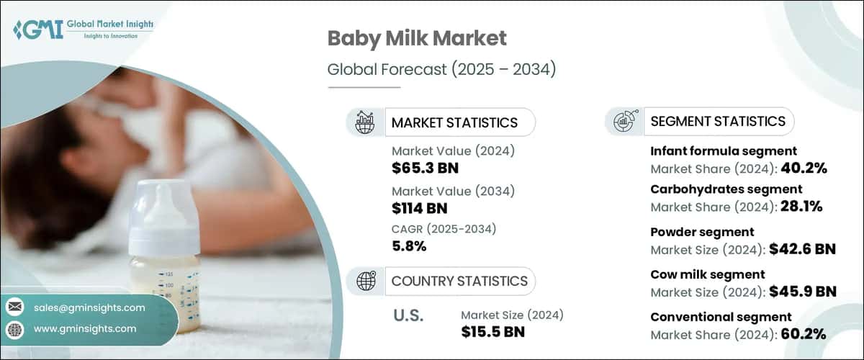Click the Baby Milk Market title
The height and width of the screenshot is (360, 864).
(x=417, y=38)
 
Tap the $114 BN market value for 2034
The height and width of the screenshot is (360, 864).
(x=419, y=209)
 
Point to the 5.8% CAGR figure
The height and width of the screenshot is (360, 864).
(x=409, y=246)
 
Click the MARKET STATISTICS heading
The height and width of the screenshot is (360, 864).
(x=454, y=122)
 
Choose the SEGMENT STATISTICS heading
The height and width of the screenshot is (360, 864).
(x=717, y=121)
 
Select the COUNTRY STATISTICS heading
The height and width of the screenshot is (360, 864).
(x=459, y=281)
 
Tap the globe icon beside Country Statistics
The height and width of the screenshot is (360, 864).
(x=366, y=281)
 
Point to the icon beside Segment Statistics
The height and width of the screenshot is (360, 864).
(x=624, y=121)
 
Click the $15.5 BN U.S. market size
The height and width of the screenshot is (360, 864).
(x=492, y=332)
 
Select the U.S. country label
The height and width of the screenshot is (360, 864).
(x=408, y=315)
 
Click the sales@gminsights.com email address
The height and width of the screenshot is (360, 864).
(x=89, y=307)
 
